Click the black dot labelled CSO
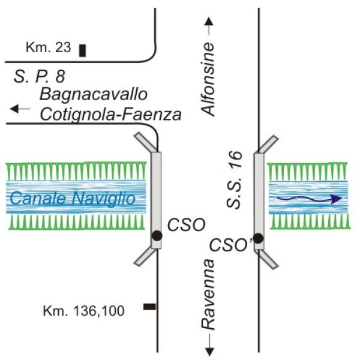point(156,235)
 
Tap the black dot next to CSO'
point(258,238)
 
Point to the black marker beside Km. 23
point(82,50)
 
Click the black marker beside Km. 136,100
point(149,307)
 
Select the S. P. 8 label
point(40,77)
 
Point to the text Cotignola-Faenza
point(110,113)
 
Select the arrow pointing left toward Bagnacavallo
point(20,109)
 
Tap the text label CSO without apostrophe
point(187,224)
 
